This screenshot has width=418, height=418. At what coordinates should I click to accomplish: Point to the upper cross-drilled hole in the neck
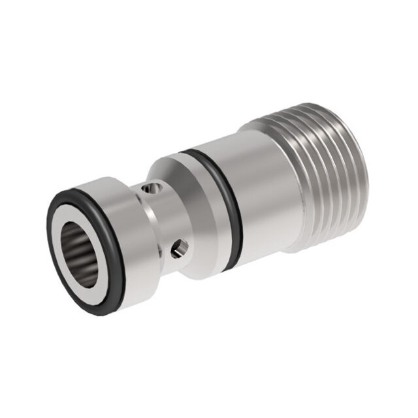pos(152,189)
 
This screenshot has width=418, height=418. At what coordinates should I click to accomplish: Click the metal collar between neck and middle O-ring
pos(196,196)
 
